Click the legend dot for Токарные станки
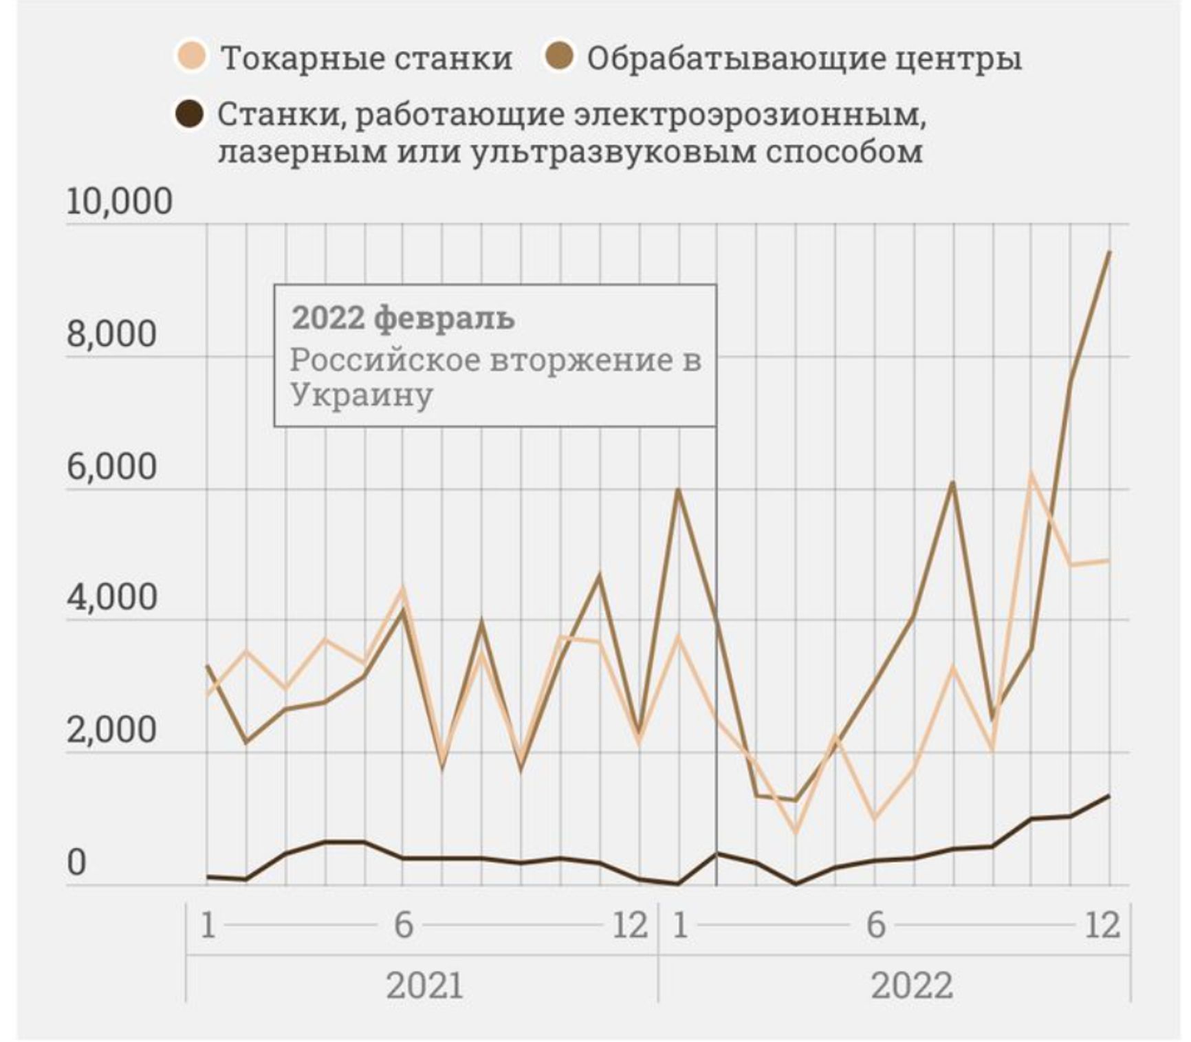click(x=192, y=56)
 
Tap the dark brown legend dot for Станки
click(x=190, y=114)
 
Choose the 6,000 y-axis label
click(x=112, y=466)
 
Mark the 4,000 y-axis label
click(x=112, y=597)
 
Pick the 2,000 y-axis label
click(x=112, y=730)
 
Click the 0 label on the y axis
click(x=77, y=862)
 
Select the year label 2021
click(x=424, y=985)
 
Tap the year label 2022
click(x=912, y=985)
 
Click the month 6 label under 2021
click(x=403, y=925)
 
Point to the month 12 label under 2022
click(x=1102, y=925)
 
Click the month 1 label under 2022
click(x=680, y=925)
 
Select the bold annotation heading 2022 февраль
click(x=403, y=318)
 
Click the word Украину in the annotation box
click(x=362, y=395)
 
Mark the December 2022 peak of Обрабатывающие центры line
click(x=1109, y=252)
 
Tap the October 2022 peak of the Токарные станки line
click(x=1031, y=473)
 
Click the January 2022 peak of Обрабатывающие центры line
click(x=679, y=490)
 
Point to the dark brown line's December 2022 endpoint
click(x=1109, y=795)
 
